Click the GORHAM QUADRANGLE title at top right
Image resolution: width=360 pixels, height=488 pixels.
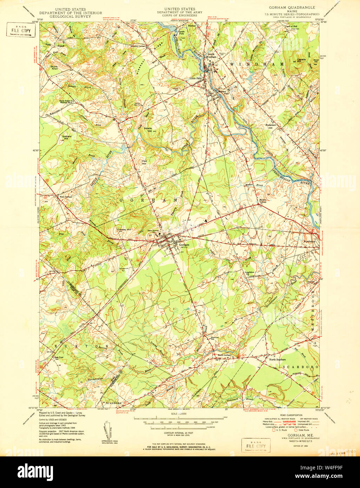coord(292,7)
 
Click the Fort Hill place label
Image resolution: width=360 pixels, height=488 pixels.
coord(144,162)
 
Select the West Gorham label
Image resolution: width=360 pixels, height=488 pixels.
coord(66,197)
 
